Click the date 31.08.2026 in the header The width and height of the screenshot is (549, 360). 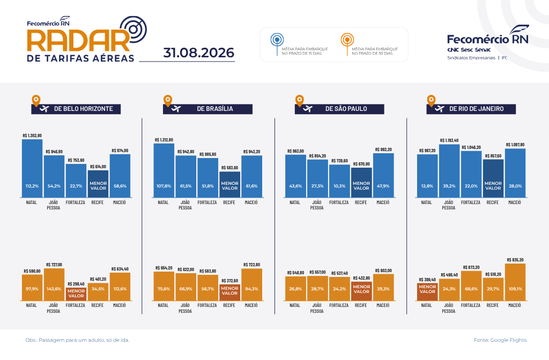click(198, 53)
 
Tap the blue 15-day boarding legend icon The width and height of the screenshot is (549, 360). click(277, 44)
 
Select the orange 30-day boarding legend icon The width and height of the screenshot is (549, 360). click(347, 44)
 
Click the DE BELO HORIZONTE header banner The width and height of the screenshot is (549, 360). click(76, 109)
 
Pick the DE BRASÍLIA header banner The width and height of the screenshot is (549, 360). click(207, 109)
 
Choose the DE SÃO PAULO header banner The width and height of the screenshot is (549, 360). click(339, 109)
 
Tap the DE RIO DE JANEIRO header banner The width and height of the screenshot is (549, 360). click(471, 109)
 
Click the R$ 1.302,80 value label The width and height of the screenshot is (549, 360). click(32, 136)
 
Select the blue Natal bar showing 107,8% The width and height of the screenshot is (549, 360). click(164, 170)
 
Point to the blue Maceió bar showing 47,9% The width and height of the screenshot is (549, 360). click(383, 175)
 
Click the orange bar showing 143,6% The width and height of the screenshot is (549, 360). click(54, 284)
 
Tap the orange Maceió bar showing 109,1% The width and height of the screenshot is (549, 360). click(515, 282)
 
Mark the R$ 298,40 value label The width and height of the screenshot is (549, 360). click(76, 284)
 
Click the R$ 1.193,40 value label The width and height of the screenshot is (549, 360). click(449, 140)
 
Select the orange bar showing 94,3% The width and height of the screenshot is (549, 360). click(252, 284)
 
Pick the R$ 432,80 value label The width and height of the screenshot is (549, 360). click(361, 278)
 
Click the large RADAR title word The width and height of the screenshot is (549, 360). click(79, 41)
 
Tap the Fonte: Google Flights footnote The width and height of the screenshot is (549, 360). click(500, 340)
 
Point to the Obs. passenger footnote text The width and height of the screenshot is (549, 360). click(77, 340)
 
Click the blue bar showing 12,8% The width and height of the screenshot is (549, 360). click(427, 176)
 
